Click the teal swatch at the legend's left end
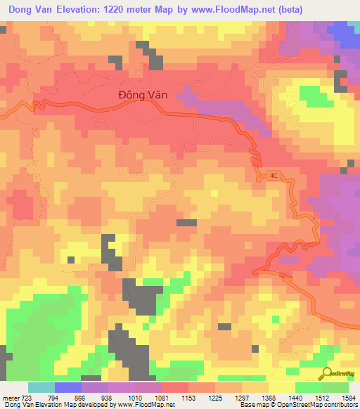[x=41, y=387]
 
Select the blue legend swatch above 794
[x=68, y=387]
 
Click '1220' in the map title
[x=129, y=9]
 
